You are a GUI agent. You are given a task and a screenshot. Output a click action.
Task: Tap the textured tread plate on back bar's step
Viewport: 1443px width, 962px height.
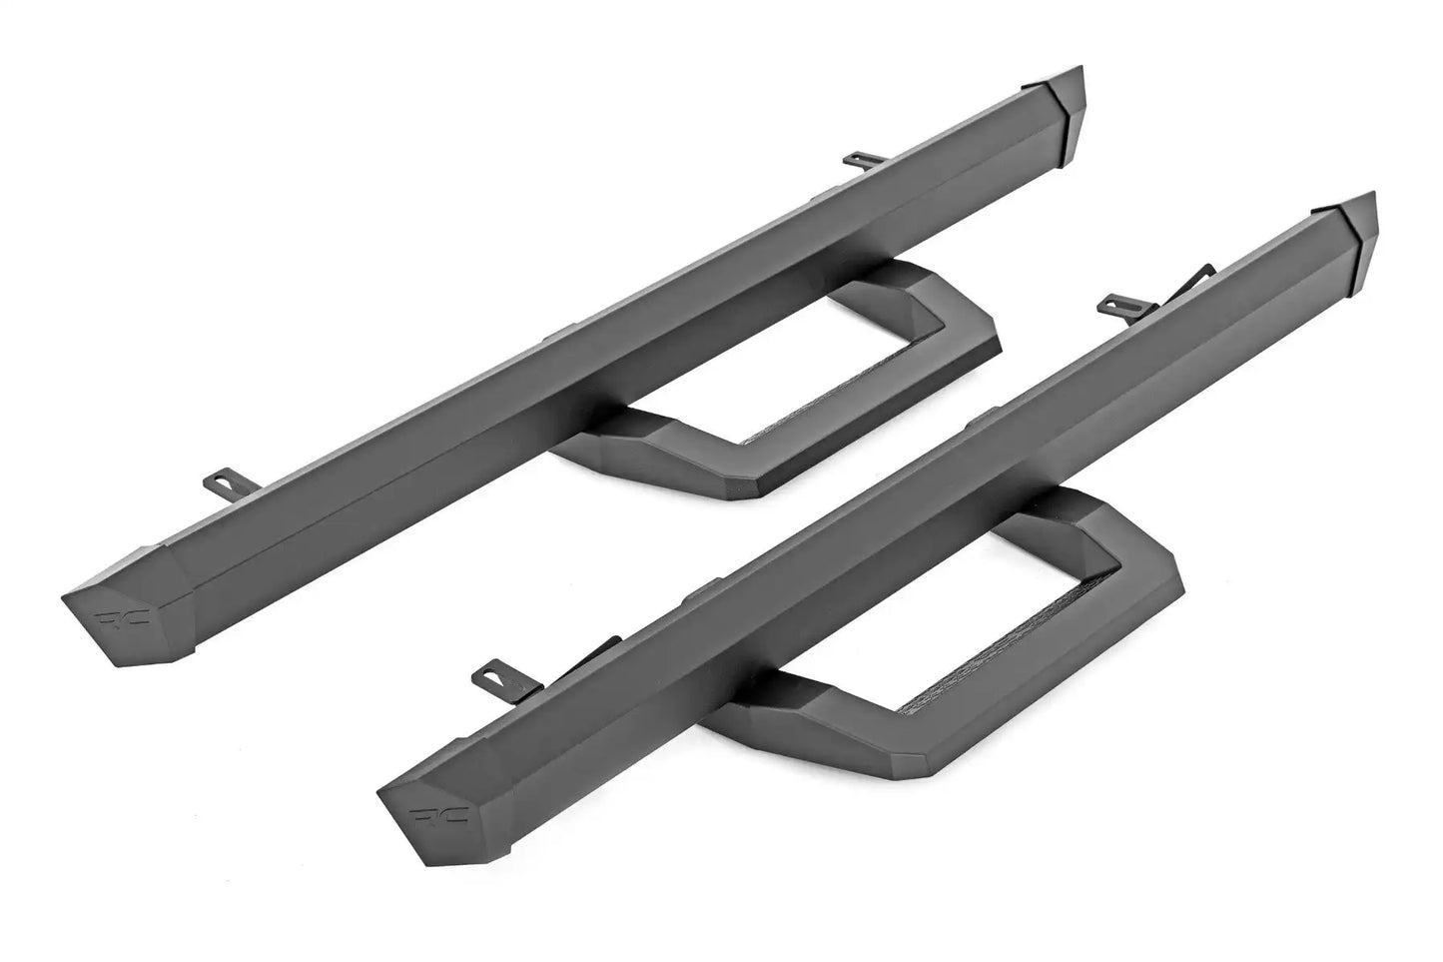799,420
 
